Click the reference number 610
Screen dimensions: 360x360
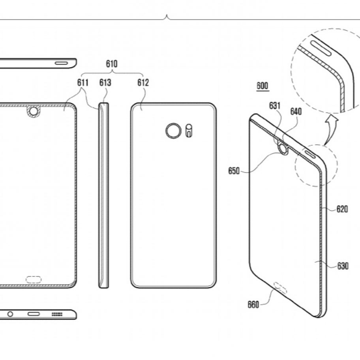point(112,64)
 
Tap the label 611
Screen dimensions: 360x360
point(82,82)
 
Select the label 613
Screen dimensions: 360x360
point(105,82)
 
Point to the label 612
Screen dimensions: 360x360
point(143,82)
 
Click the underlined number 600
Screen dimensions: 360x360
point(262,86)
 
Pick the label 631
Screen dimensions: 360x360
point(275,106)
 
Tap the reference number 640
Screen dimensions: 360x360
point(296,112)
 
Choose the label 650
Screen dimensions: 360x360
point(234,171)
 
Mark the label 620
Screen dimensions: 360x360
point(342,209)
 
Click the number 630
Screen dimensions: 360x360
point(343,266)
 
